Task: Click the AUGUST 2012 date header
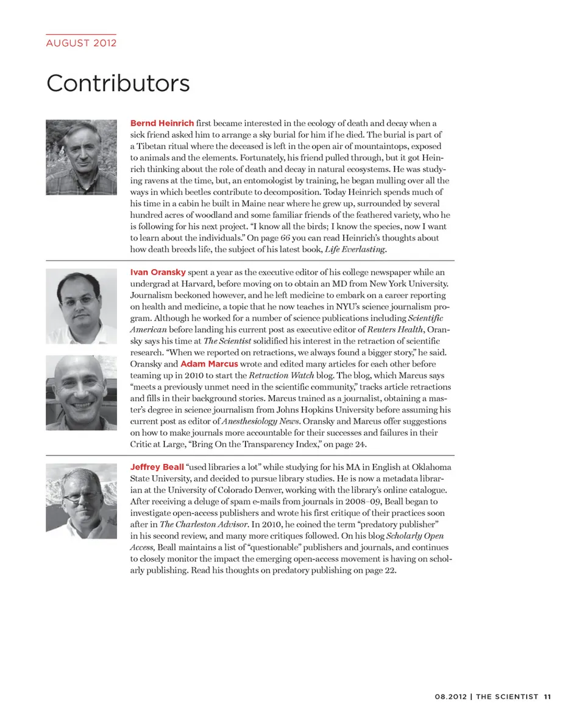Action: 81,43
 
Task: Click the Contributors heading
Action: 118,83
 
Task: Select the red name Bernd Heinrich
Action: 162,124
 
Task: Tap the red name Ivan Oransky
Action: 158,272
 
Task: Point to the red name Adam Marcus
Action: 209,364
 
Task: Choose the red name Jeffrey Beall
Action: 157,467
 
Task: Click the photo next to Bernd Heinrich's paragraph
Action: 81,157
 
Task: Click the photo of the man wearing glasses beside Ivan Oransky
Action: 81,306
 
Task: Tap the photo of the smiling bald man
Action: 81,393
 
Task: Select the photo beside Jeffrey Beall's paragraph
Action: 81,501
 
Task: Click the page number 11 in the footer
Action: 547,696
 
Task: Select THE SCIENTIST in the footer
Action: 507,696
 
